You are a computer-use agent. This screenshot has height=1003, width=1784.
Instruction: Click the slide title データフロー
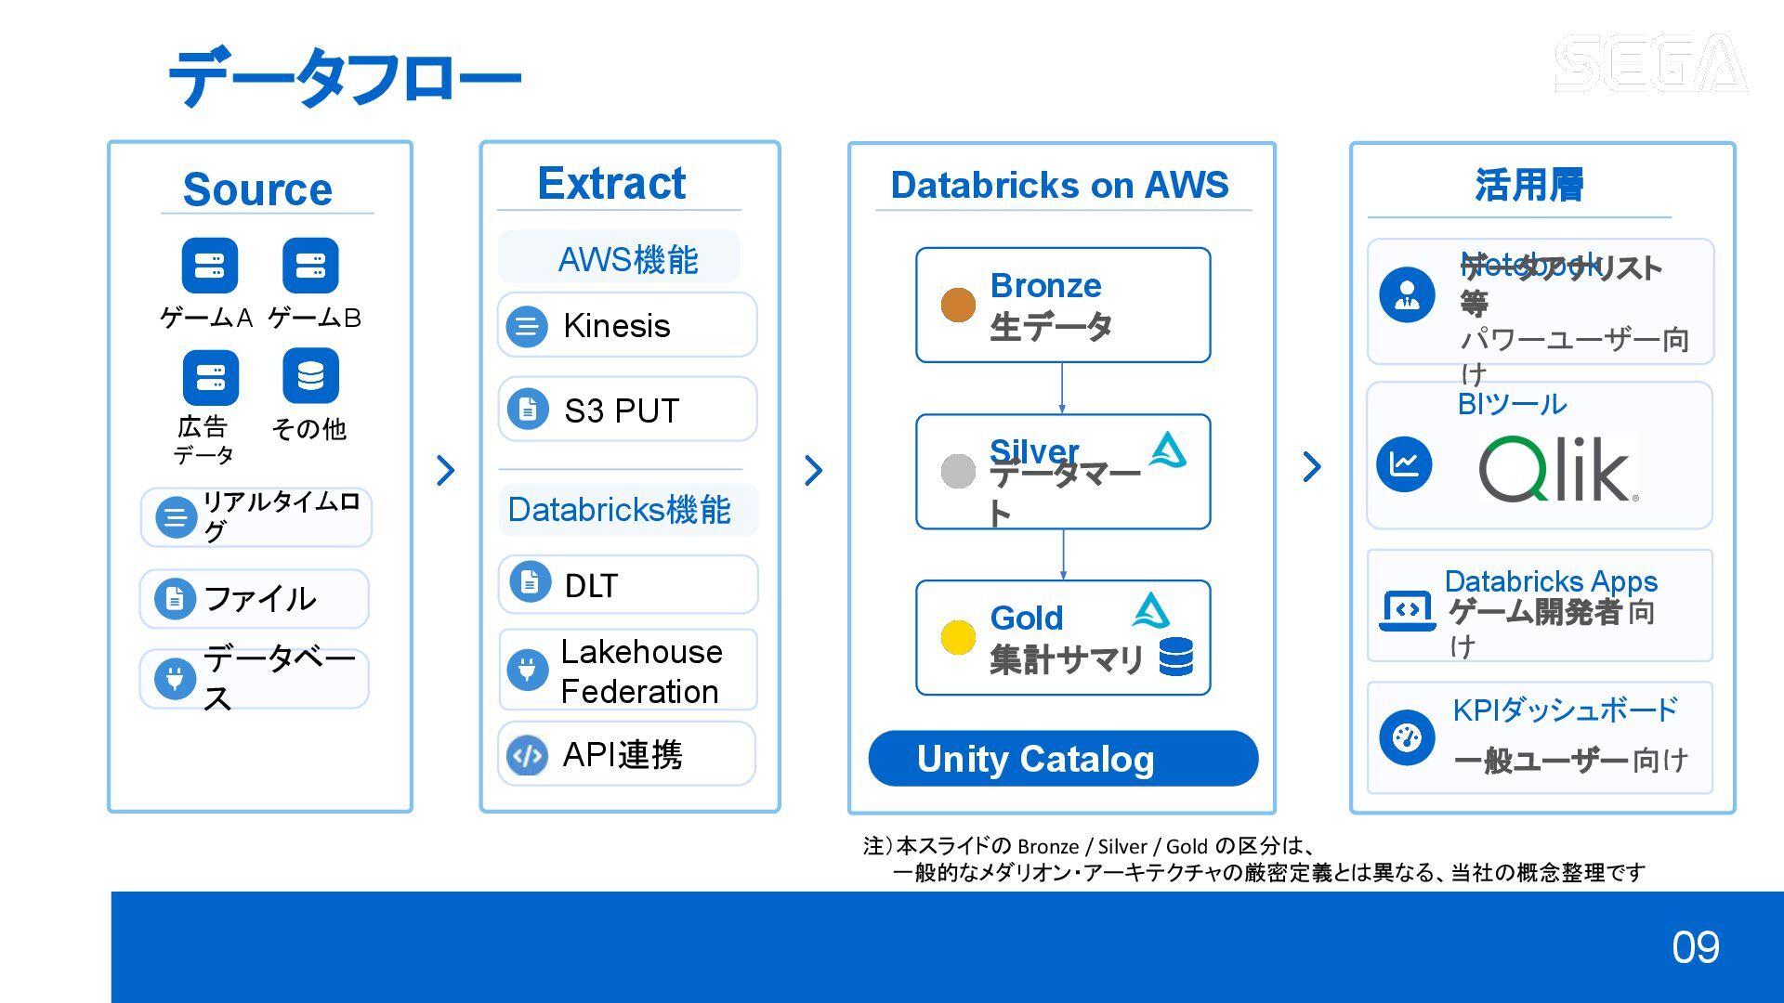pyautogui.click(x=344, y=78)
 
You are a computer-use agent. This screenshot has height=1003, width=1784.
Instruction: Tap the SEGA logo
pyautogui.click(x=1650, y=63)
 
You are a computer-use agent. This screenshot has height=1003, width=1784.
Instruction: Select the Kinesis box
pyautogui.click(x=627, y=325)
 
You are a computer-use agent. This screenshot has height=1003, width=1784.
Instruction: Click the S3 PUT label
pyautogui.click(x=622, y=410)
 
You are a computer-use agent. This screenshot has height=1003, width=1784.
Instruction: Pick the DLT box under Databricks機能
pyautogui.click(x=627, y=584)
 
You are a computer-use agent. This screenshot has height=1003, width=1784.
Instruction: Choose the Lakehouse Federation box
pyautogui.click(x=627, y=671)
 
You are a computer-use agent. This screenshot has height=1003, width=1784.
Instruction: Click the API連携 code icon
pyautogui.click(x=527, y=755)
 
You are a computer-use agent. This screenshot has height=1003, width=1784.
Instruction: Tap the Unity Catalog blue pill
pyautogui.click(x=1063, y=759)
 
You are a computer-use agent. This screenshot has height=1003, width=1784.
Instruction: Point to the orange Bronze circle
pyautogui.click(x=958, y=305)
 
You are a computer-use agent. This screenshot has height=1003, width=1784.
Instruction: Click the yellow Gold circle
pyautogui.click(x=958, y=637)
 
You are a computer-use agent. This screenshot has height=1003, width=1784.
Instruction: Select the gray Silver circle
pyautogui.click(x=958, y=471)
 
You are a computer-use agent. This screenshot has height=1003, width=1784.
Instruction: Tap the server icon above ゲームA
pyautogui.click(x=209, y=266)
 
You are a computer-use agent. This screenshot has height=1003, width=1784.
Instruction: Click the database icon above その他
pyautogui.click(x=310, y=376)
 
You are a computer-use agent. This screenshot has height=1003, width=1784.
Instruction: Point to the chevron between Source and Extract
pyautogui.click(x=446, y=470)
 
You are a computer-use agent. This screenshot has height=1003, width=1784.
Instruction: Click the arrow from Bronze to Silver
pyautogui.click(x=1062, y=388)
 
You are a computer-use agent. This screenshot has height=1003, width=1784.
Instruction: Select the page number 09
pyautogui.click(x=1695, y=947)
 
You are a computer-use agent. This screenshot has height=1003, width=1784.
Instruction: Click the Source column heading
pyautogui.click(x=257, y=189)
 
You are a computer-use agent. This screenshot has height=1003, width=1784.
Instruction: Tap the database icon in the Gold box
pyautogui.click(x=1176, y=657)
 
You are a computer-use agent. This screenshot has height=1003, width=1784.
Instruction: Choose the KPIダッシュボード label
pyautogui.click(x=1565, y=710)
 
